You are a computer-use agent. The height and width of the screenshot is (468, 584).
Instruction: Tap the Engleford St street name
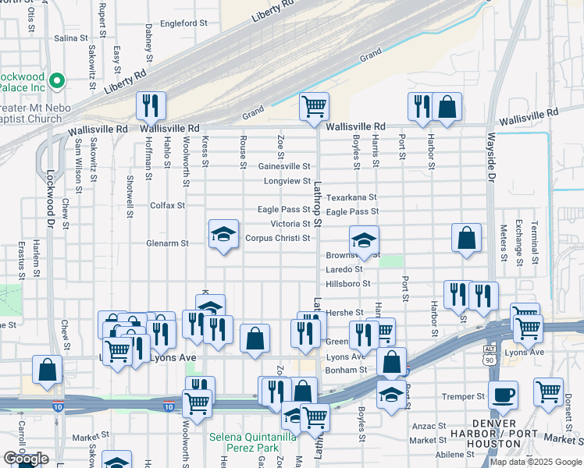tap(182, 23)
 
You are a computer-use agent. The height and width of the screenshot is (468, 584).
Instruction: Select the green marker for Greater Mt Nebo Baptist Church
tap(56, 80)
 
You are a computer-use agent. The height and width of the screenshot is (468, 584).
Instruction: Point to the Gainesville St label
tap(284, 166)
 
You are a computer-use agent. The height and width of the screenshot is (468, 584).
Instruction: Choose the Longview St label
tap(287, 181)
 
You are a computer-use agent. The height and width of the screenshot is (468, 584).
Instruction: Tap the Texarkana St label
tap(351, 197)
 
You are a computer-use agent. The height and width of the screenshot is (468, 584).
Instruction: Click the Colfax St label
tap(167, 206)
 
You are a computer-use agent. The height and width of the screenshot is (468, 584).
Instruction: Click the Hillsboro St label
tap(347, 284)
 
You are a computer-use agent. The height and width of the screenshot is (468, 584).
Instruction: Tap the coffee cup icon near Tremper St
tap(504, 394)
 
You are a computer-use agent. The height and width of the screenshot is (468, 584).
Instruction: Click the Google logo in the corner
tap(26, 459)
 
